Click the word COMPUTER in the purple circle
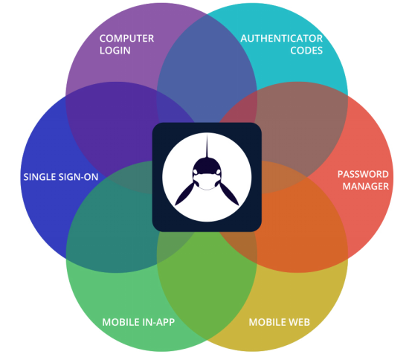126,39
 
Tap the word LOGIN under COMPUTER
115,51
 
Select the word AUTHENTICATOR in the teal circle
282,39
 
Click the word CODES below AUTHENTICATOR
306,51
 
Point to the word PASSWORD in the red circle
363,174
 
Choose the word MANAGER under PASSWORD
365,186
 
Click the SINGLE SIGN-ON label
61,177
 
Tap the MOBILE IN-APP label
138,322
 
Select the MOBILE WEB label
280,322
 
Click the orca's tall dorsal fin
207,146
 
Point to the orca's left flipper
184,193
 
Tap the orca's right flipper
229,193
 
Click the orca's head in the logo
207,173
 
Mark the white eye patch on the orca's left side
196,172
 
